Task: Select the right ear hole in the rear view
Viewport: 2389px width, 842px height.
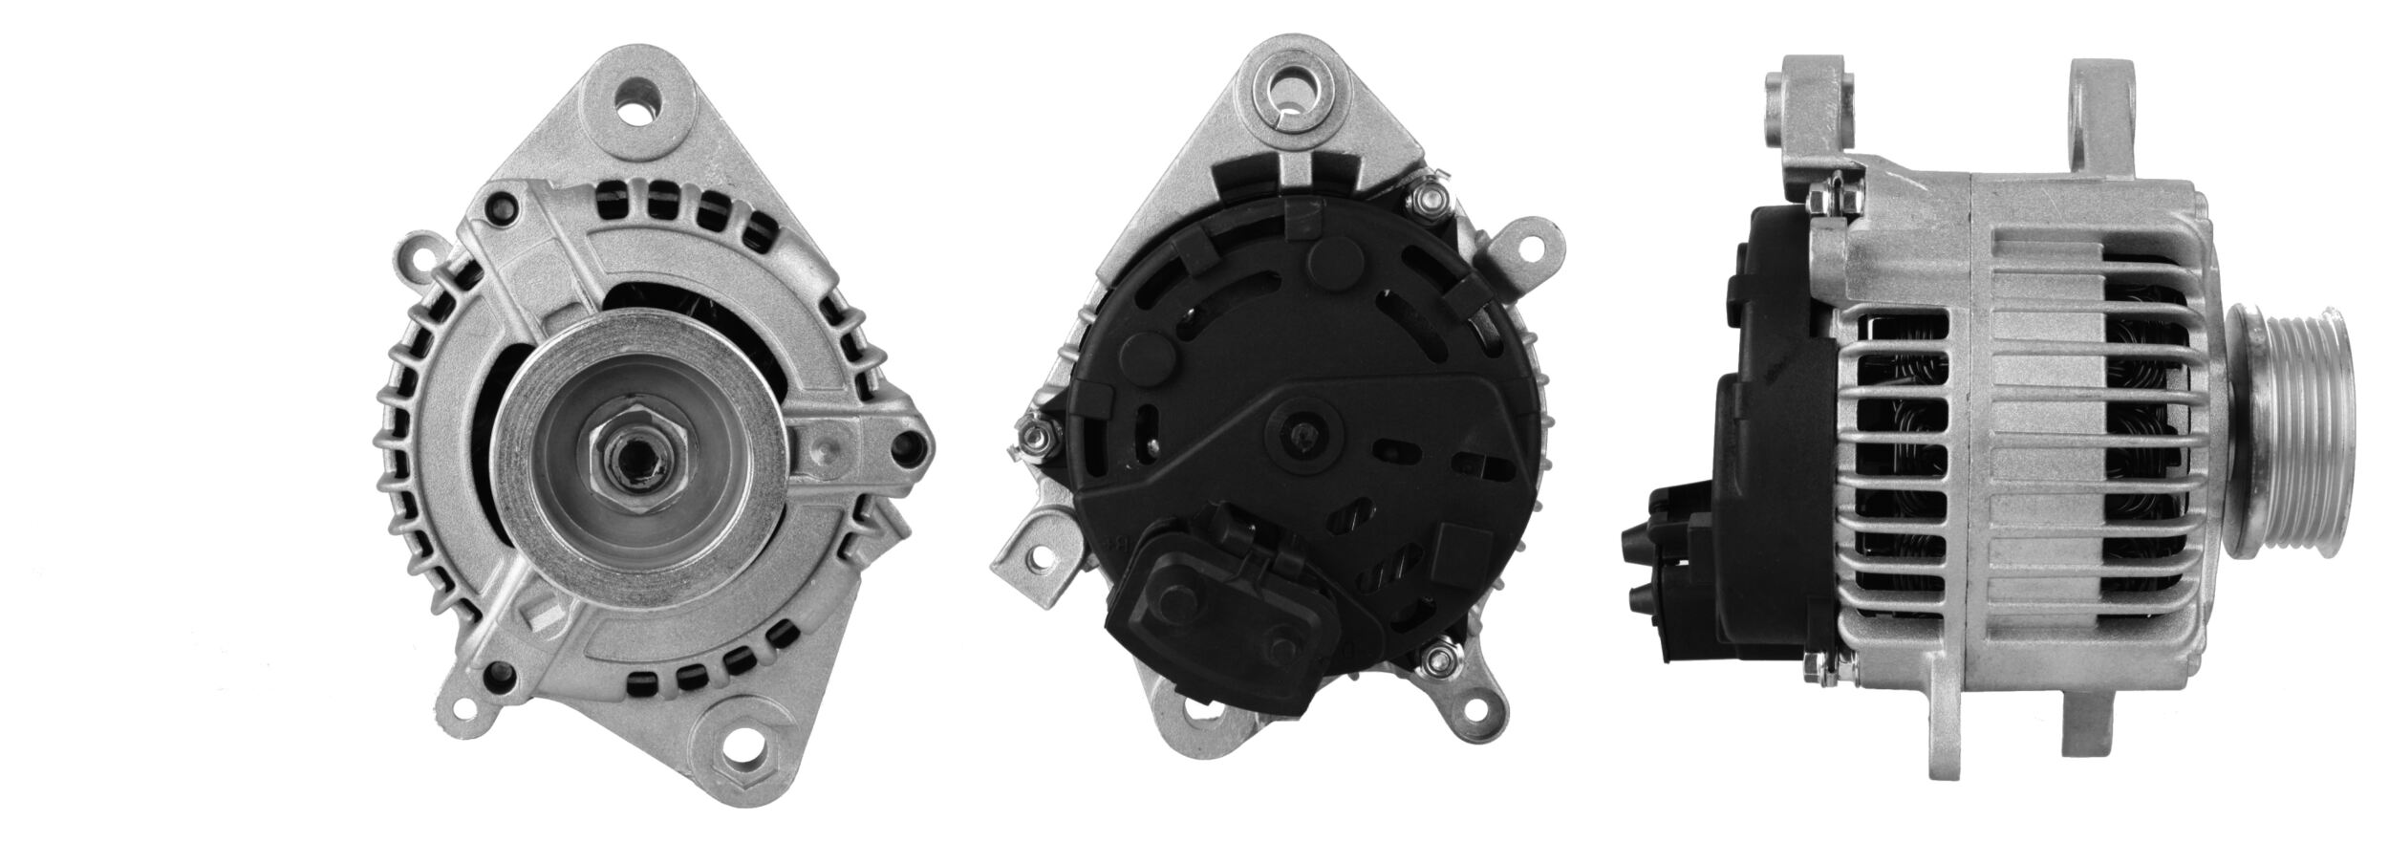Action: pos(1535,248)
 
